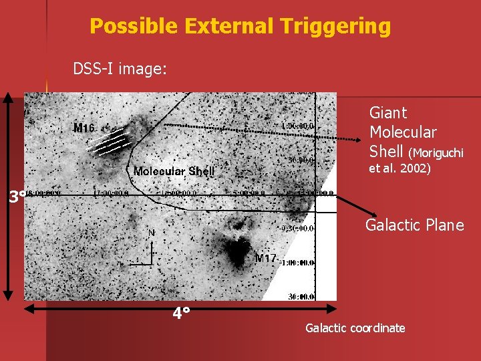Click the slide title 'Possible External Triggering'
click(240, 26)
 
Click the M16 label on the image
click(85, 128)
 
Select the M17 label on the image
click(265, 259)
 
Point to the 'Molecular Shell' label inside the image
click(174, 171)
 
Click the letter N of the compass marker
click(152, 233)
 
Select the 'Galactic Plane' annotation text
click(414, 225)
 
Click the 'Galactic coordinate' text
click(355, 328)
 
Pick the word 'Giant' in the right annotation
click(388, 114)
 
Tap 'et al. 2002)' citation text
click(400, 169)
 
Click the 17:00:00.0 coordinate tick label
click(110, 193)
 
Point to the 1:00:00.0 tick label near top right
click(298, 125)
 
